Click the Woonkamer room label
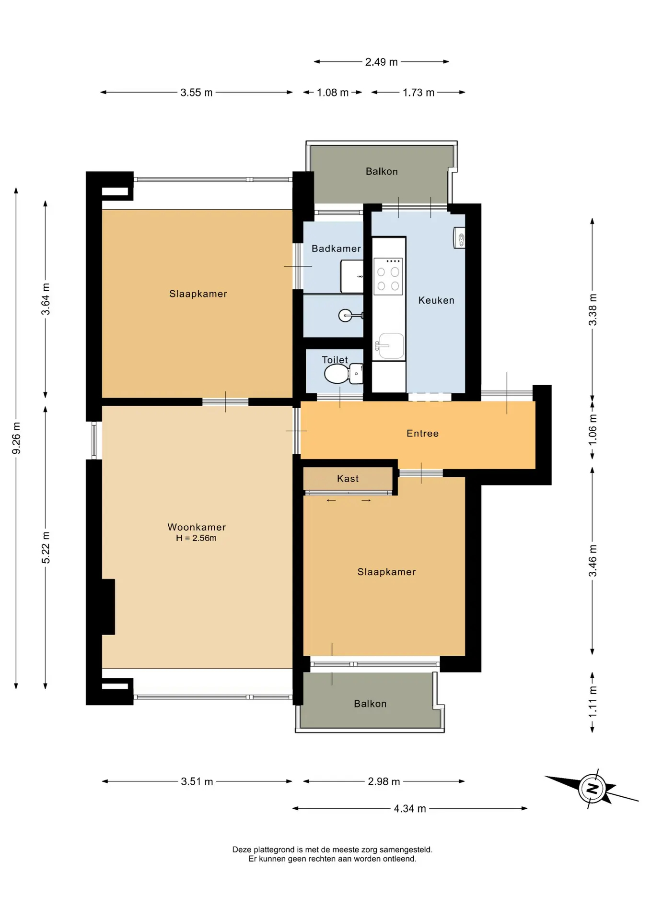tap(197, 527)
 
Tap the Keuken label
tap(436, 300)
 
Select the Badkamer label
tap(336, 248)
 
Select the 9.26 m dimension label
tap(16, 438)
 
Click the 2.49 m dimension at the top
tap(382, 62)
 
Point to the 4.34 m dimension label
tap(410, 808)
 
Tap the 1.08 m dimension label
tap(333, 93)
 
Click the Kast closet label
tap(348, 478)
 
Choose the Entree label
tap(422, 433)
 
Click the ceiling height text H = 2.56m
tap(196, 538)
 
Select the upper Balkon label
tap(382, 171)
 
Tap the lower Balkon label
tap(370, 704)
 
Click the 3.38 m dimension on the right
tap(593, 309)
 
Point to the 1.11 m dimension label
tap(593, 702)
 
